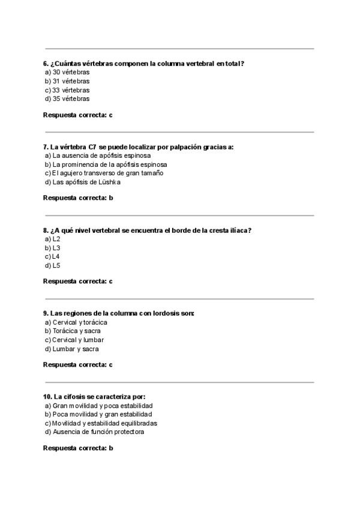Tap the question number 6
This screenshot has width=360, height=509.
point(46,64)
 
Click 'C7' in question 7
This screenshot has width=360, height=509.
point(91,146)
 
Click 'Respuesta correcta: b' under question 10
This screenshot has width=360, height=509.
point(78,448)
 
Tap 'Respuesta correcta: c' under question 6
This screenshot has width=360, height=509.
point(78,114)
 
